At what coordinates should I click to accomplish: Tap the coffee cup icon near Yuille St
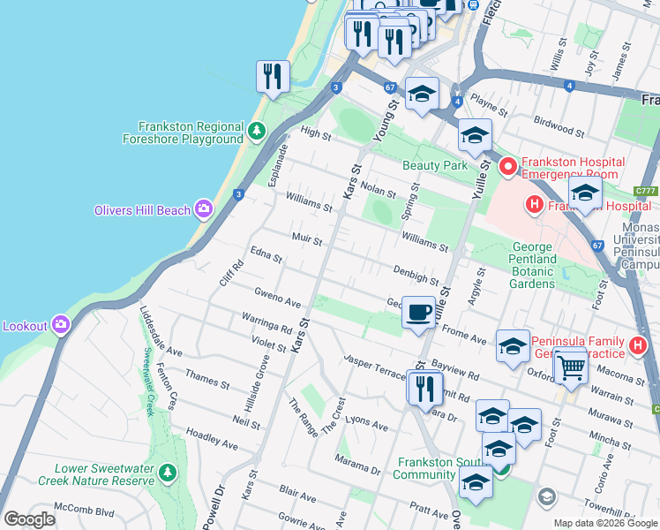[418, 313]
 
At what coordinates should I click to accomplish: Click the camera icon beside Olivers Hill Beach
[204, 208]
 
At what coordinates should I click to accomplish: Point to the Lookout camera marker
[61, 325]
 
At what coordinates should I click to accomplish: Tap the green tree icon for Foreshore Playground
[256, 132]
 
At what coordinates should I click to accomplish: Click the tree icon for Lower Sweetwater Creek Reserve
[168, 474]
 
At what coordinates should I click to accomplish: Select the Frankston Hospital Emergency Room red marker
[508, 166]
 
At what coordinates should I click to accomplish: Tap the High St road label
[315, 136]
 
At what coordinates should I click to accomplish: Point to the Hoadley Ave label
[212, 440]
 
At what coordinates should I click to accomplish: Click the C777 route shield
[646, 191]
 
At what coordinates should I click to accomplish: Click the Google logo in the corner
[29, 519]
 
